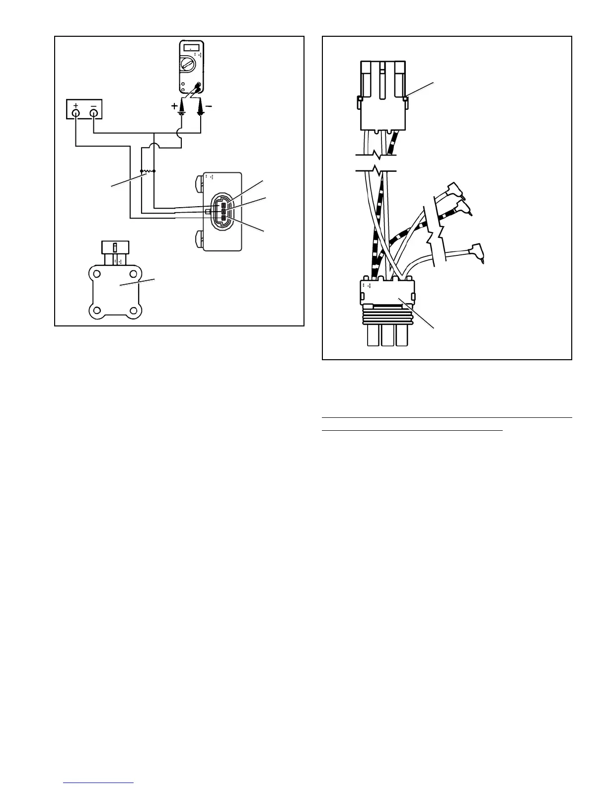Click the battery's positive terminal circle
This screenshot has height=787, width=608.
(76, 113)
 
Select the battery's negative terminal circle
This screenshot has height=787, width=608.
(93, 113)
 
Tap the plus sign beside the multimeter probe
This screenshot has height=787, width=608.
(174, 106)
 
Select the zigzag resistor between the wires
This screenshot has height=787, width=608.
(148, 171)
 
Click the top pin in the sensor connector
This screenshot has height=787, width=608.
(224, 205)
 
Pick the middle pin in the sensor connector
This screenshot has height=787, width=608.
(224, 212)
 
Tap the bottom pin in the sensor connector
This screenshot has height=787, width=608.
(224, 218)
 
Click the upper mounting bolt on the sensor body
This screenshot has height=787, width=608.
(200, 182)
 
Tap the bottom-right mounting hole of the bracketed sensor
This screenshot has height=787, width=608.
(133, 312)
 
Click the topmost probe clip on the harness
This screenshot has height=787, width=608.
(454, 189)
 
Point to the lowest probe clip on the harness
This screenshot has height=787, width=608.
(477, 250)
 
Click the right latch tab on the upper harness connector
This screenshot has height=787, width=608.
(405, 99)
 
